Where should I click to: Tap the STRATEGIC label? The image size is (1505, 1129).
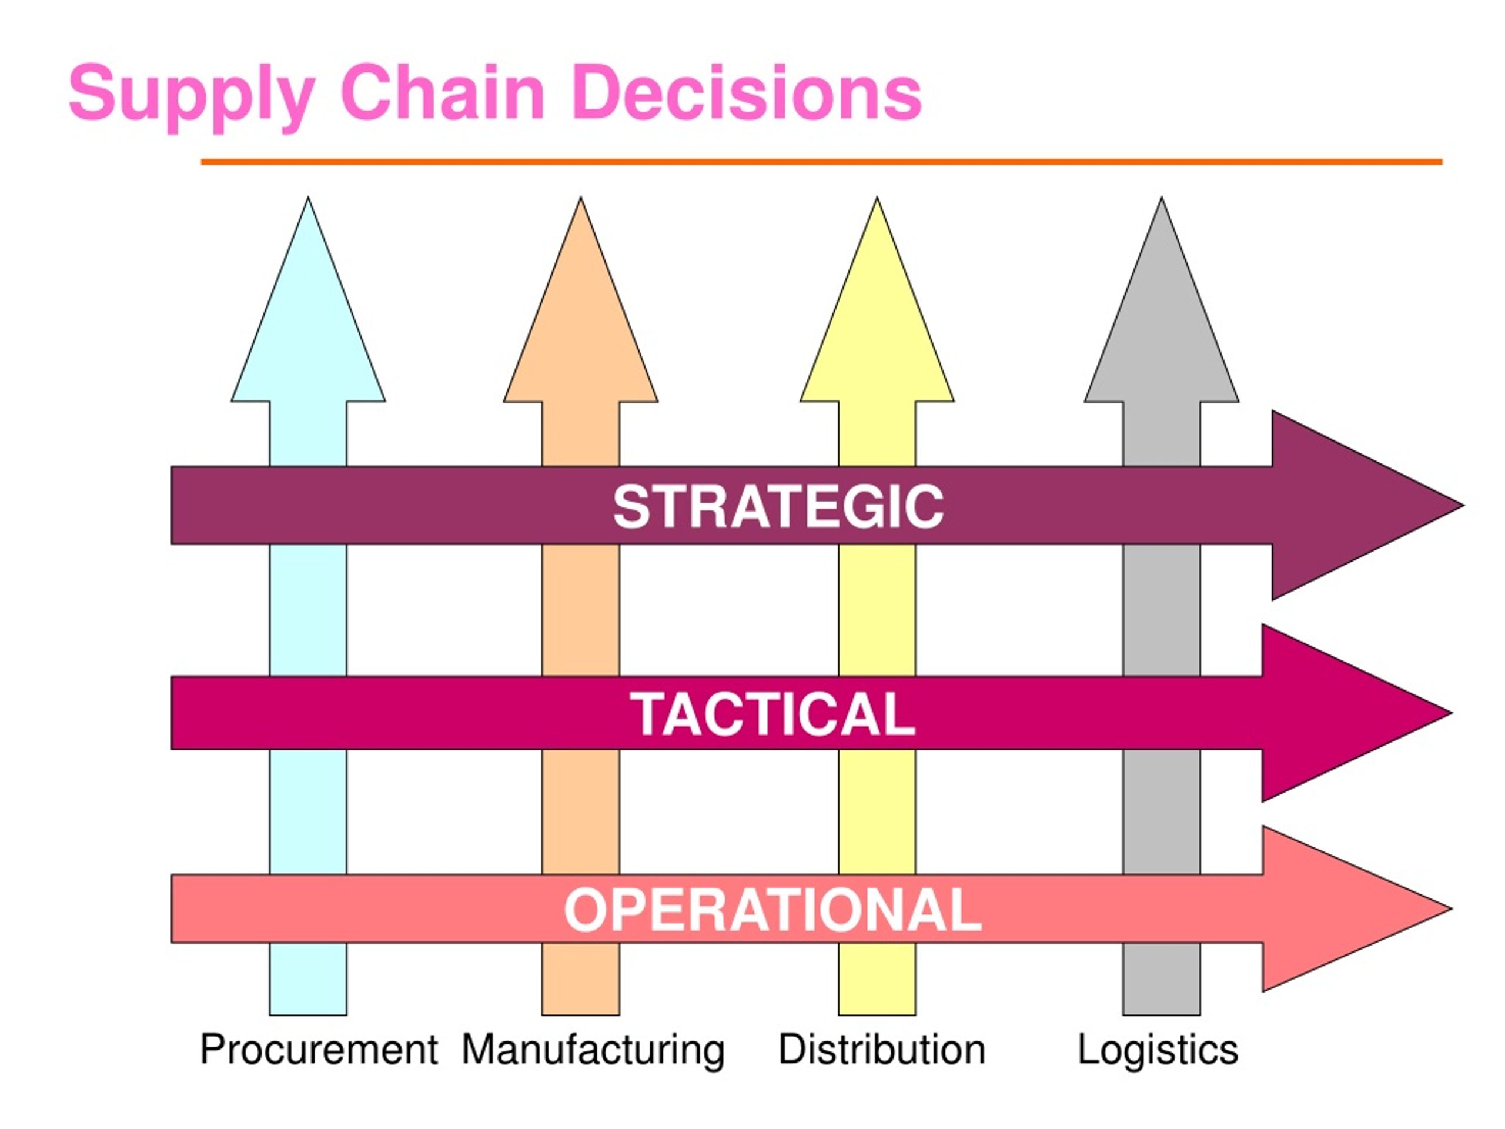[x=778, y=506]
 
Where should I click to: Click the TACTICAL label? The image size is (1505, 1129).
[x=772, y=713]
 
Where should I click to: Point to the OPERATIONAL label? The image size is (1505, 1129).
[x=773, y=910]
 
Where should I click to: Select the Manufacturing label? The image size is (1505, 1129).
[x=593, y=1050]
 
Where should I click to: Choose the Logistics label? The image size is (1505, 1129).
[x=1158, y=1050]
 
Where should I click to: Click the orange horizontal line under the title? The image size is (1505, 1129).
[x=822, y=162]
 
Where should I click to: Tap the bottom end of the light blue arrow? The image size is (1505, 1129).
[x=308, y=1015]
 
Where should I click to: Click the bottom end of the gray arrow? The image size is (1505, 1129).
[x=1162, y=1015]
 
